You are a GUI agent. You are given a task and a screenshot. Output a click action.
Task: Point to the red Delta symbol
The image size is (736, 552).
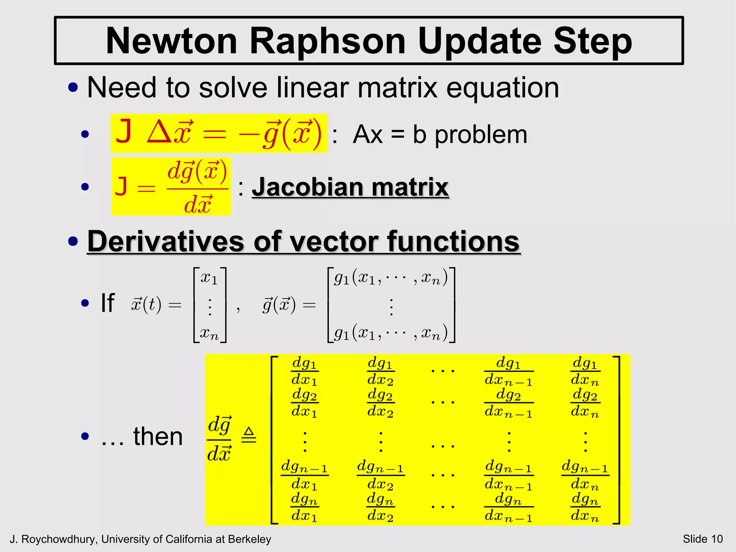(158, 132)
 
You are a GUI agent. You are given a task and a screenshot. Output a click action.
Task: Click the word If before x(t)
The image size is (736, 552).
(107, 303)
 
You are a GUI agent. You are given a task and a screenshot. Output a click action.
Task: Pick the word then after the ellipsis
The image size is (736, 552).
(158, 437)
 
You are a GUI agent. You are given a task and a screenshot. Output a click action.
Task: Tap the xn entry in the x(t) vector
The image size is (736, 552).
(209, 333)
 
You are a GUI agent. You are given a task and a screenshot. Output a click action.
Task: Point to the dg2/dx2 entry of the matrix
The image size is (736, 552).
(381, 403)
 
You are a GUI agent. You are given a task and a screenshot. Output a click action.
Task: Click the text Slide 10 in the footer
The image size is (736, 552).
(703, 539)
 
